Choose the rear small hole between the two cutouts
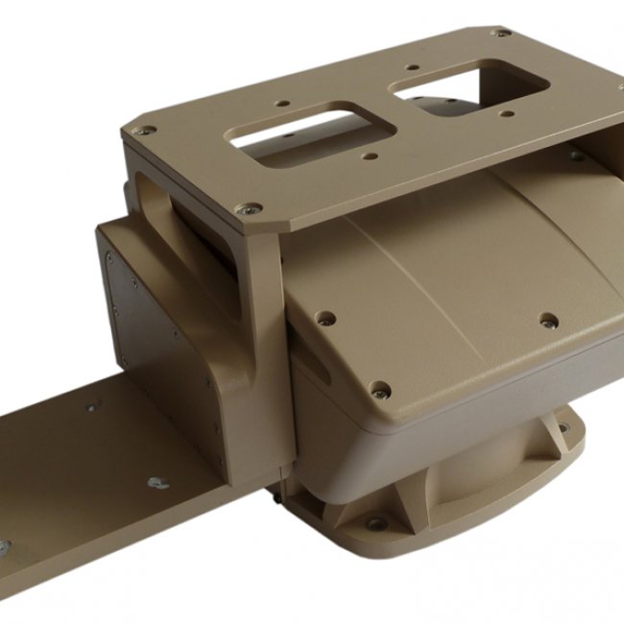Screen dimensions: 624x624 point(411,68)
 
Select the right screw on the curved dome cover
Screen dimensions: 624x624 point(548,321)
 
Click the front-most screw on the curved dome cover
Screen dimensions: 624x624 point(380,390)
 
